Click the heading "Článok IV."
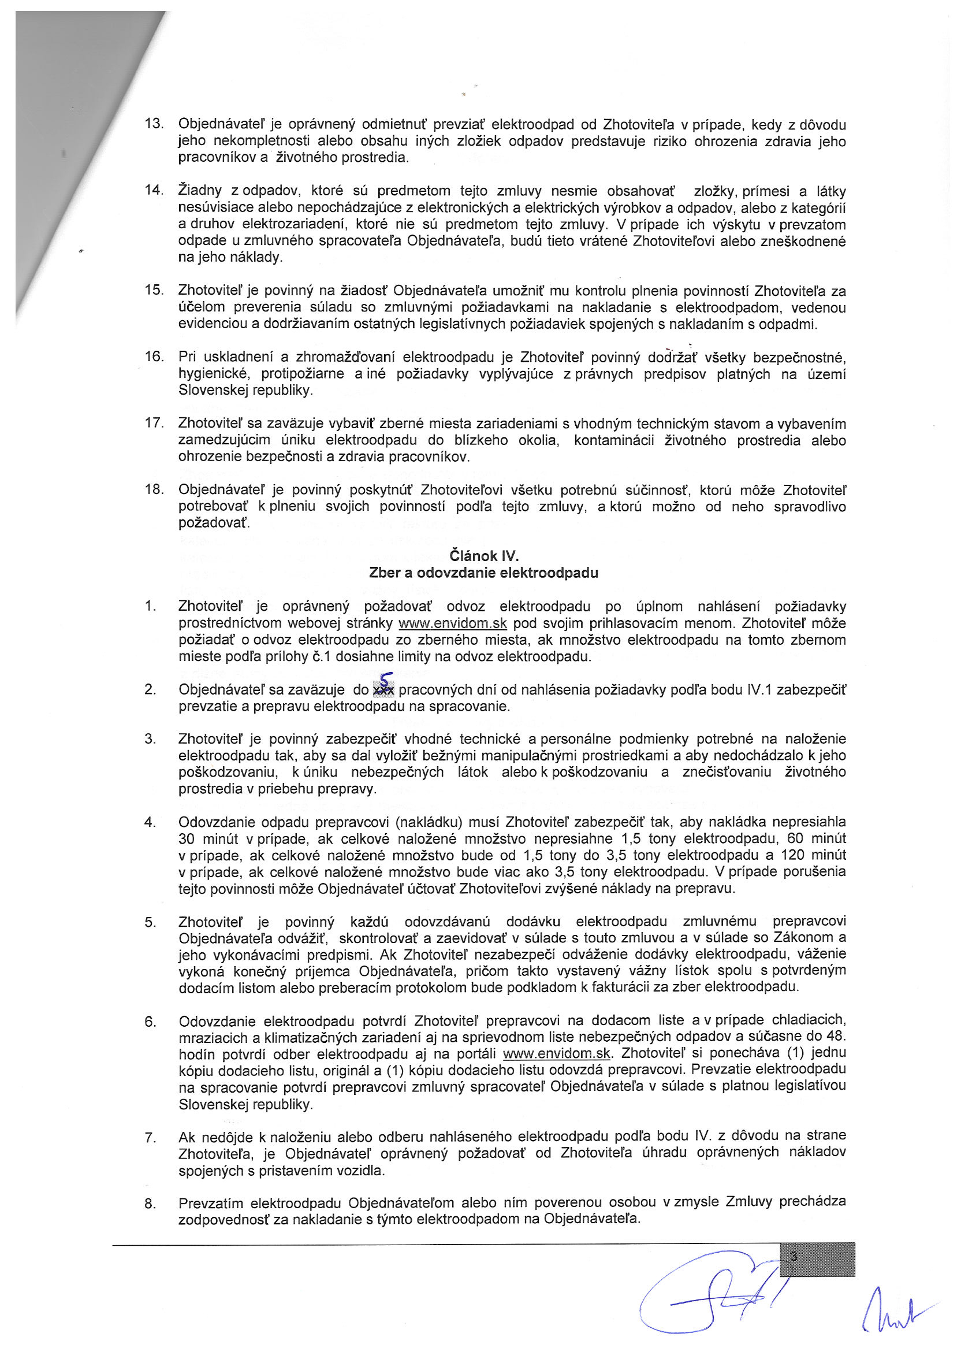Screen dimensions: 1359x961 point(483,556)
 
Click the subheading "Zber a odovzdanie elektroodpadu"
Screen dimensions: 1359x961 point(483,573)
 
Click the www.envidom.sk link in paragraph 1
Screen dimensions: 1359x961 point(453,623)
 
